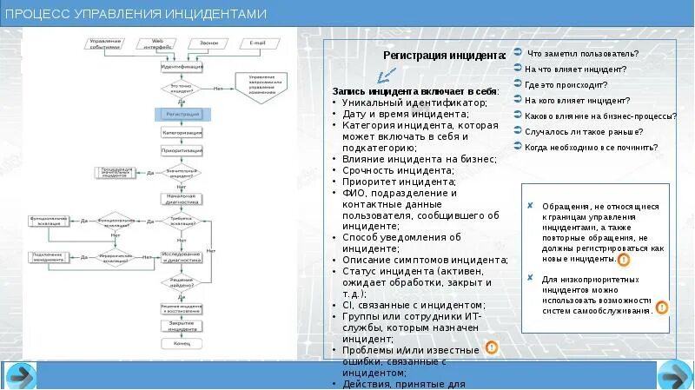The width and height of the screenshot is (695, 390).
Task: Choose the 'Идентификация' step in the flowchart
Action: click(x=182, y=66)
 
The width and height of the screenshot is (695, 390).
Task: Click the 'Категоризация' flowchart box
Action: click(x=182, y=132)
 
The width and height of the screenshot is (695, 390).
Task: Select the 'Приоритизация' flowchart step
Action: click(x=182, y=150)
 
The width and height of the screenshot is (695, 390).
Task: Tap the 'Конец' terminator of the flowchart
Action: click(x=182, y=343)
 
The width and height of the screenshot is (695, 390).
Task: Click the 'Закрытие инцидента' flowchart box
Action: click(x=182, y=327)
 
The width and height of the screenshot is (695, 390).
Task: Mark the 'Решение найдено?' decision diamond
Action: click(x=182, y=281)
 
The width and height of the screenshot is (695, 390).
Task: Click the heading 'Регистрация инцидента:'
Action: click(x=444, y=56)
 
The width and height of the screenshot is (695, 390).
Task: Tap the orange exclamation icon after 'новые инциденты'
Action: click(x=623, y=259)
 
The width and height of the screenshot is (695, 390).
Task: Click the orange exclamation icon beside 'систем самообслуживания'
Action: click(x=661, y=307)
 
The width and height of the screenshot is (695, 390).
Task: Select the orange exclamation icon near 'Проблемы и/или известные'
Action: click(x=491, y=348)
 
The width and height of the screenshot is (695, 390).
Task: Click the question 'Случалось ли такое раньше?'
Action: click(x=584, y=132)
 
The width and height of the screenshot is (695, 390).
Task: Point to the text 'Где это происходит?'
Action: click(x=566, y=85)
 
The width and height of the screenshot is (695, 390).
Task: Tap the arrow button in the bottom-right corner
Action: click(x=674, y=375)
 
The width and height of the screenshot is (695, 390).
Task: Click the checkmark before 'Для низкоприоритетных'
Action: click(x=531, y=279)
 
